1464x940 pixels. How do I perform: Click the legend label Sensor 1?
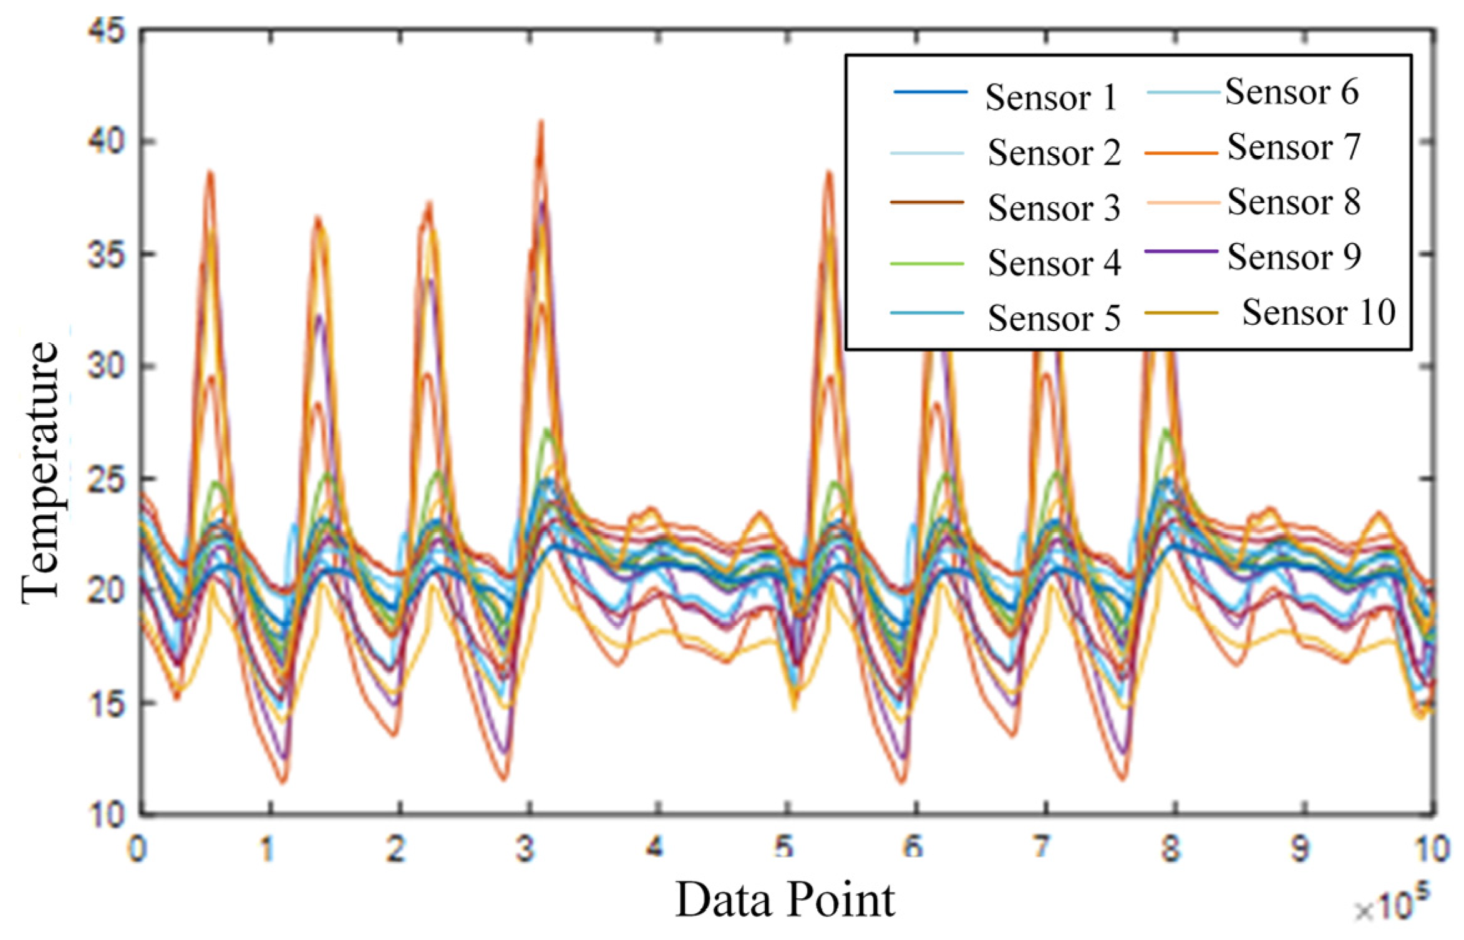tap(1050, 98)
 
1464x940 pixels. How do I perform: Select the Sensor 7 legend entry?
tap(1294, 147)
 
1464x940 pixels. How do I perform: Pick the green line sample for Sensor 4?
tap(927, 264)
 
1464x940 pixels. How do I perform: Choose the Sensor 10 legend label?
tap(1318, 312)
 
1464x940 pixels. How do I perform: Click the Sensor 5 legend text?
tap(1054, 319)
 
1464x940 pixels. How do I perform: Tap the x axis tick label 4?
tap(654, 848)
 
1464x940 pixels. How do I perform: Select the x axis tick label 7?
tap(1041, 848)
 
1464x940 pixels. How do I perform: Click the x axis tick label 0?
tap(138, 848)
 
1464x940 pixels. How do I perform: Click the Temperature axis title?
tap(40, 472)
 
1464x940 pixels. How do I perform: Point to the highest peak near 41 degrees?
tap(541, 123)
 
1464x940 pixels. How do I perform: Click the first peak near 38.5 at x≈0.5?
tap(211, 173)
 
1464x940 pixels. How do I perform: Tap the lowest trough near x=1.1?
tap(283, 781)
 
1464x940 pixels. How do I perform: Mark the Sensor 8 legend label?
tap(1294, 203)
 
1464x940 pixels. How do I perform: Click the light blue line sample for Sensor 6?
tap(1183, 93)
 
